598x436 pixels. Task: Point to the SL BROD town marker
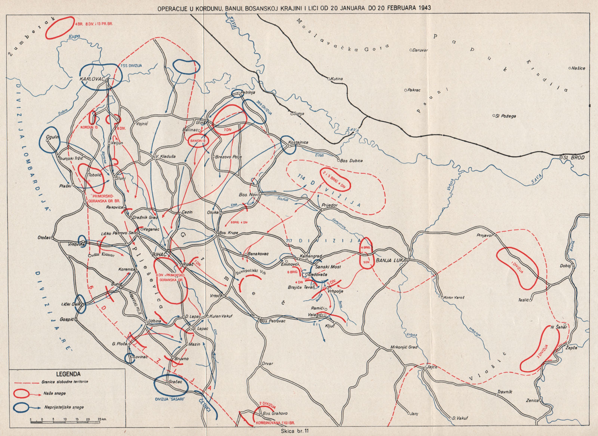click(x=561, y=158)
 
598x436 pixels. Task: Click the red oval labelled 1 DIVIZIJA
click(x=517, y=268)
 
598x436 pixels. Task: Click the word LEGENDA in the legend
click(x=68, y=374)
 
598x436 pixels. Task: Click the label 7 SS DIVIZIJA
click(x=131, y=65)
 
